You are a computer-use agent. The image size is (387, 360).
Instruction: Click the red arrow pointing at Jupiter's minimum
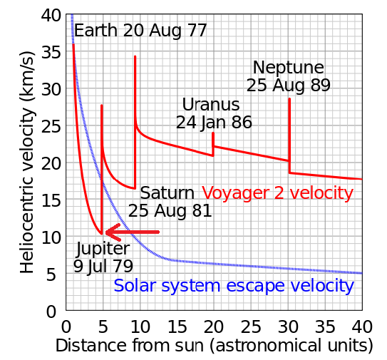133,232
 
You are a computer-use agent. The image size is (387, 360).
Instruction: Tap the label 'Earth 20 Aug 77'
140,31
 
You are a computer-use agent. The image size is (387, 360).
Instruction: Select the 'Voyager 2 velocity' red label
278,193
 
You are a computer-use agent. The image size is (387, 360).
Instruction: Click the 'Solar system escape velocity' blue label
234,286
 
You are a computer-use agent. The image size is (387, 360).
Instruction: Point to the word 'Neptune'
289,68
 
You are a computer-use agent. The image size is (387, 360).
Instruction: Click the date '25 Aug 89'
288,86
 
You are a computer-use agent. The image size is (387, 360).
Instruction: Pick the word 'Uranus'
211,105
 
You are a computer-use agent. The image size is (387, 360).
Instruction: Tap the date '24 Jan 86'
214,123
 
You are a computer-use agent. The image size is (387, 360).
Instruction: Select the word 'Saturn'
167,193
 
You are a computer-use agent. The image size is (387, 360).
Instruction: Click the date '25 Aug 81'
170,211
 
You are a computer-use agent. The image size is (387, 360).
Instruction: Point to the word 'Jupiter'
103,250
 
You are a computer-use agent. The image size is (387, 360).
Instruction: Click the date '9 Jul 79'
103,267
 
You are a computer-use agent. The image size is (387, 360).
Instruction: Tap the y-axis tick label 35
51,52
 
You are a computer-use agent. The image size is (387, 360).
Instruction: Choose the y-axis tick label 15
51,200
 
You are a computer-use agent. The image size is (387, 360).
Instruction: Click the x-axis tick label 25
251,327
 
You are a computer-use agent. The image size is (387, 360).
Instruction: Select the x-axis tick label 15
177,327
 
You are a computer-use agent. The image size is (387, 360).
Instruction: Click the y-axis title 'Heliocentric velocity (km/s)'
28,163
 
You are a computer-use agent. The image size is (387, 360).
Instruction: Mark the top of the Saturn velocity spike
135,56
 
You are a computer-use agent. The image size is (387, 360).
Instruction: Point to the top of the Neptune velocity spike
289,99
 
